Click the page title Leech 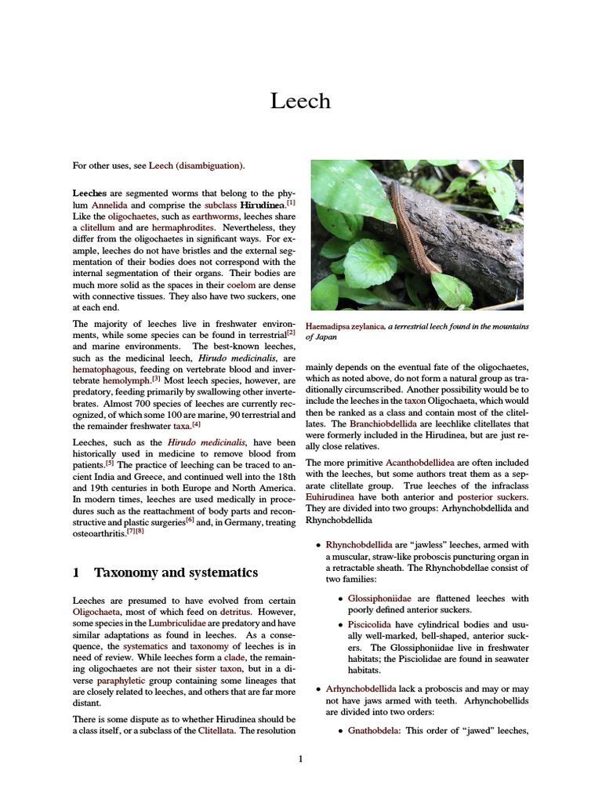[300, 101]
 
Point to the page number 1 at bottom [300, 758]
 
